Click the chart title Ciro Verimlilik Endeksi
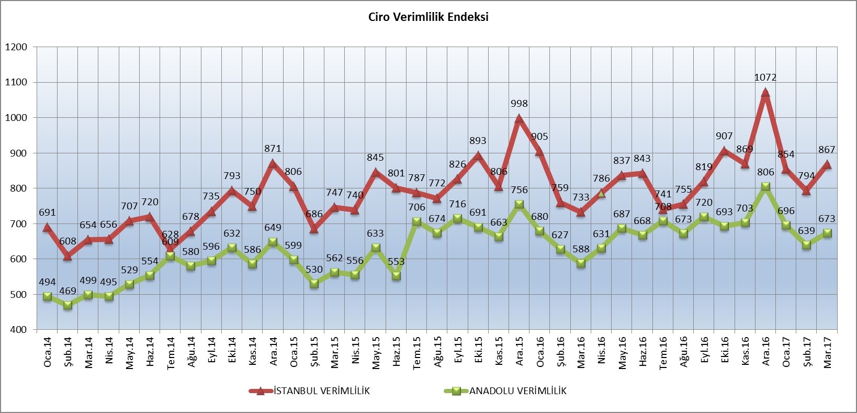tap(428, 17)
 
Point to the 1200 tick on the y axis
tap(16, 47)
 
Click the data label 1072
tap(765, 77)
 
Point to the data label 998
tap(519, 104)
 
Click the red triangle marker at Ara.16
tap(765, 93)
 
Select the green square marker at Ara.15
tap(520, 204)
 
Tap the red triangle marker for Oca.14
tap(47, 227)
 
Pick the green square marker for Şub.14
tap(68, 305)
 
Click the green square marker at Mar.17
tap(827, 233)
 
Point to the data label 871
tap(273, 149)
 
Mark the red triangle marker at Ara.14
tap(273, 163)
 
